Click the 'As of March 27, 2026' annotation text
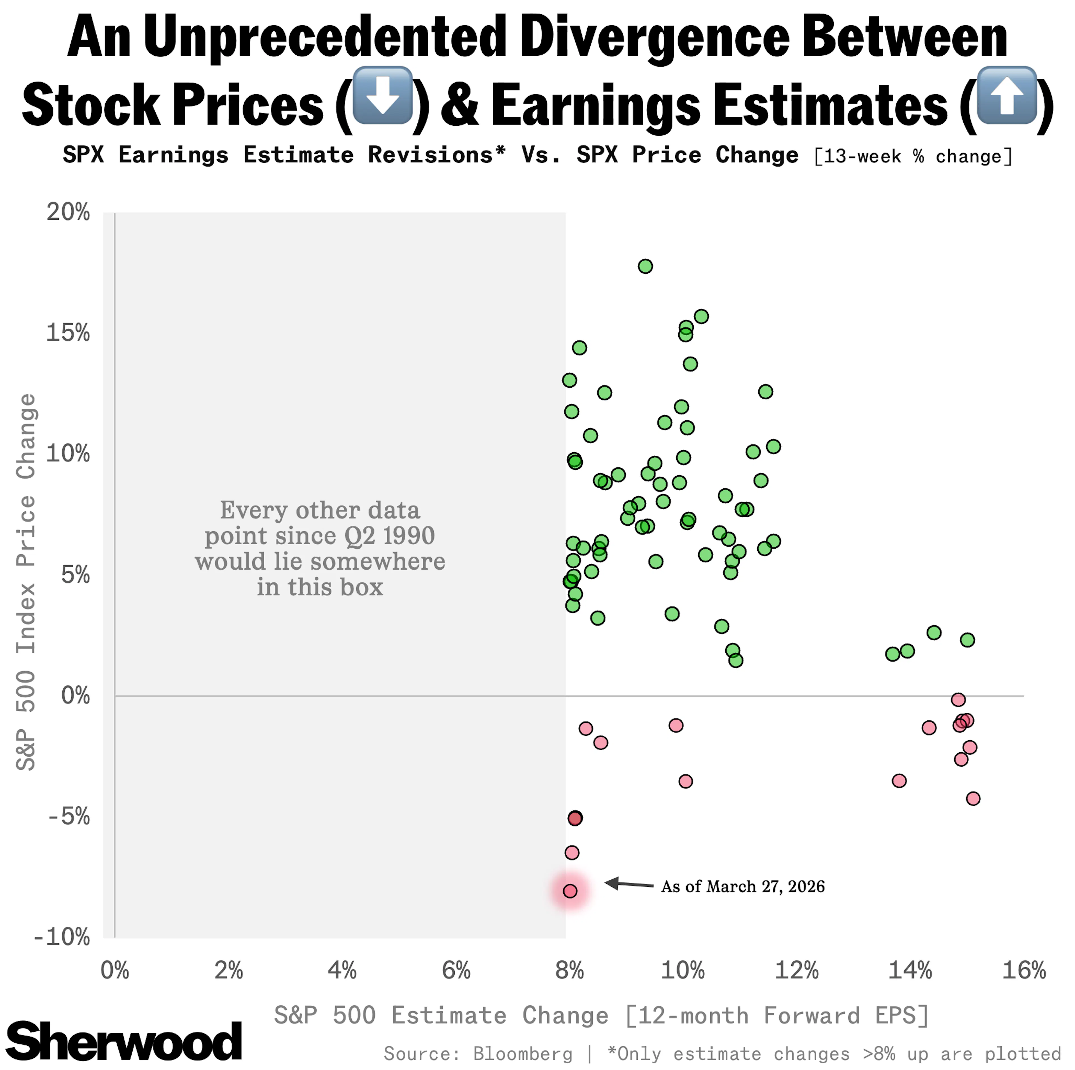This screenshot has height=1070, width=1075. click(x=742, y=886)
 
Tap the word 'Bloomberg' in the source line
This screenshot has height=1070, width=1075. click(x=522, y=1053)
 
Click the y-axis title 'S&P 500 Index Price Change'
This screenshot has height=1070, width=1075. click(x=26, y=582)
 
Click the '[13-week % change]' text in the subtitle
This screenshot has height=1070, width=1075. click(x=913, y=156)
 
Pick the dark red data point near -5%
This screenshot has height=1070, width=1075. click(x=575, y=818)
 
